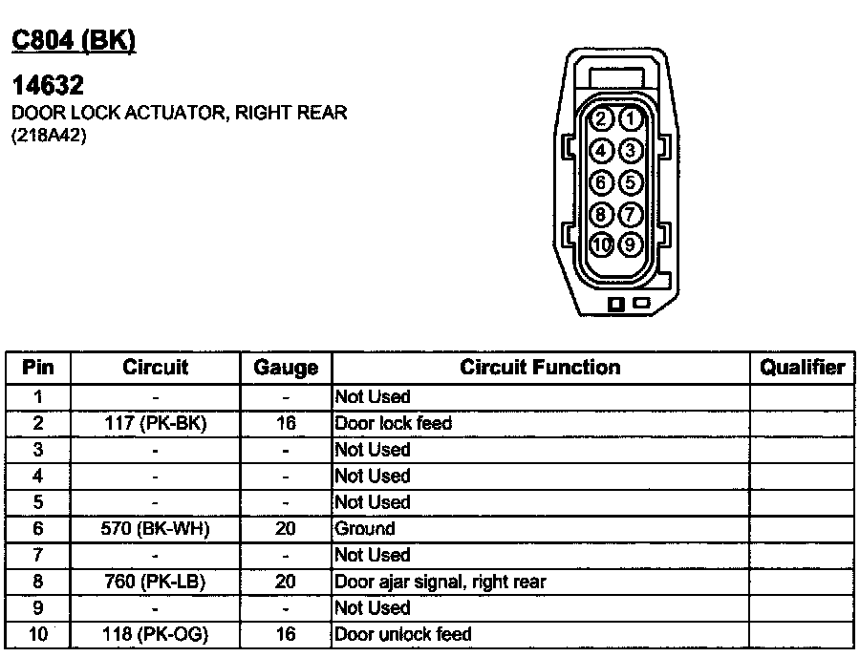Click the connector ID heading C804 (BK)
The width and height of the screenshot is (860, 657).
click(74, 40)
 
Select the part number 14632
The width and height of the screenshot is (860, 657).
click(48, 85)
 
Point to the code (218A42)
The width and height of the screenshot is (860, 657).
click(49, 136)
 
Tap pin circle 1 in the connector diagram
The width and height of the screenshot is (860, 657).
click(631, 119)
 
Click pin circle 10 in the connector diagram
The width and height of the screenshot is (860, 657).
click(601, 244)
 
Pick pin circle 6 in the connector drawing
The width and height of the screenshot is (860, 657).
click(601, 182)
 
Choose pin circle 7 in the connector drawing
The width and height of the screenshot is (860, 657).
click(631, 214)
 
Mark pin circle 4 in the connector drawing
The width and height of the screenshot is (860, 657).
click(601, 150)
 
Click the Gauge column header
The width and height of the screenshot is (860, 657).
click(286, 368)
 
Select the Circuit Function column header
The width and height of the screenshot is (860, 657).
click(540, 367)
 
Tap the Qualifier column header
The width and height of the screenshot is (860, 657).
click(802, 368)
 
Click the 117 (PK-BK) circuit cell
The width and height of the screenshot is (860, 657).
click(156, 424)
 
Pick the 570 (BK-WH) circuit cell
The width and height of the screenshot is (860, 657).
click(155, 529)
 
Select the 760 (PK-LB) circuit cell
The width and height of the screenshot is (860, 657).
click(155, 582)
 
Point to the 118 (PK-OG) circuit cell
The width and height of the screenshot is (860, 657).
click(156, 634)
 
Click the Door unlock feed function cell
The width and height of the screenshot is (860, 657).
click(403, 634)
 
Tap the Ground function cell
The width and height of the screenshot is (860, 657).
click(365, 529)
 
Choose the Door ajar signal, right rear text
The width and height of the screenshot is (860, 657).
click(441, 582)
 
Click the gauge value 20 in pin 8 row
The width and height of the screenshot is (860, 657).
click(285, 582)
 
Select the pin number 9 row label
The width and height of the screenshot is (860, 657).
click(38, 607)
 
